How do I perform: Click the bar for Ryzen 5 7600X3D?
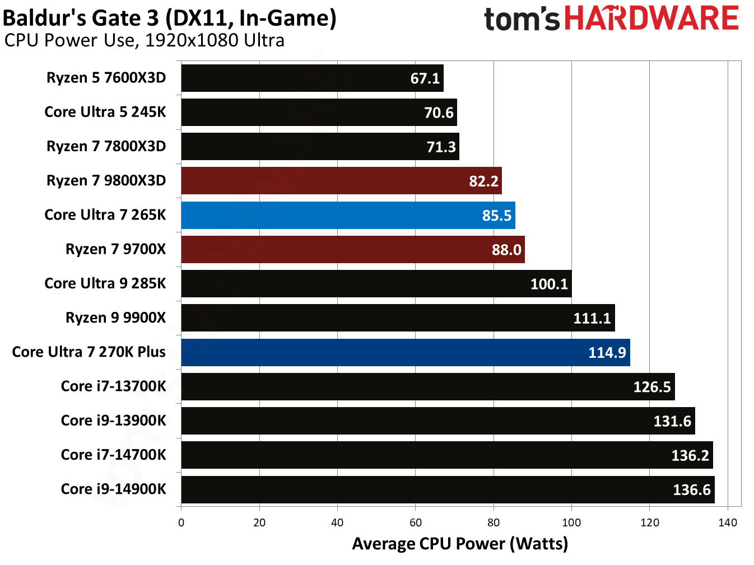click(311, 78)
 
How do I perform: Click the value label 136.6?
click(691, 490)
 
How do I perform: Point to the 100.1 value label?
click(549, 284)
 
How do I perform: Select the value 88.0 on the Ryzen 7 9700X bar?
click(506, 250)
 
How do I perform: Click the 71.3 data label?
click(441, 147)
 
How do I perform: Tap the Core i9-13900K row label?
click(113, 421)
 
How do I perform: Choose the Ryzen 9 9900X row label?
click(115, 317)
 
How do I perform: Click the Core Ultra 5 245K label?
click(105, 112)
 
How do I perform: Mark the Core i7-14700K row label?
click(113, 455)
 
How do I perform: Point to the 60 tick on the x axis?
click(415, 522)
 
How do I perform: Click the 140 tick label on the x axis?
click(727, 522)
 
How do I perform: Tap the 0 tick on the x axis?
click(181, 522)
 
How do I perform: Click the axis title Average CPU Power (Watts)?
click(459, 544)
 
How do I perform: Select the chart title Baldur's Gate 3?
click(169, 18)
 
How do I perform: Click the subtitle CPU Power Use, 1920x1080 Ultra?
click(144, 40)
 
